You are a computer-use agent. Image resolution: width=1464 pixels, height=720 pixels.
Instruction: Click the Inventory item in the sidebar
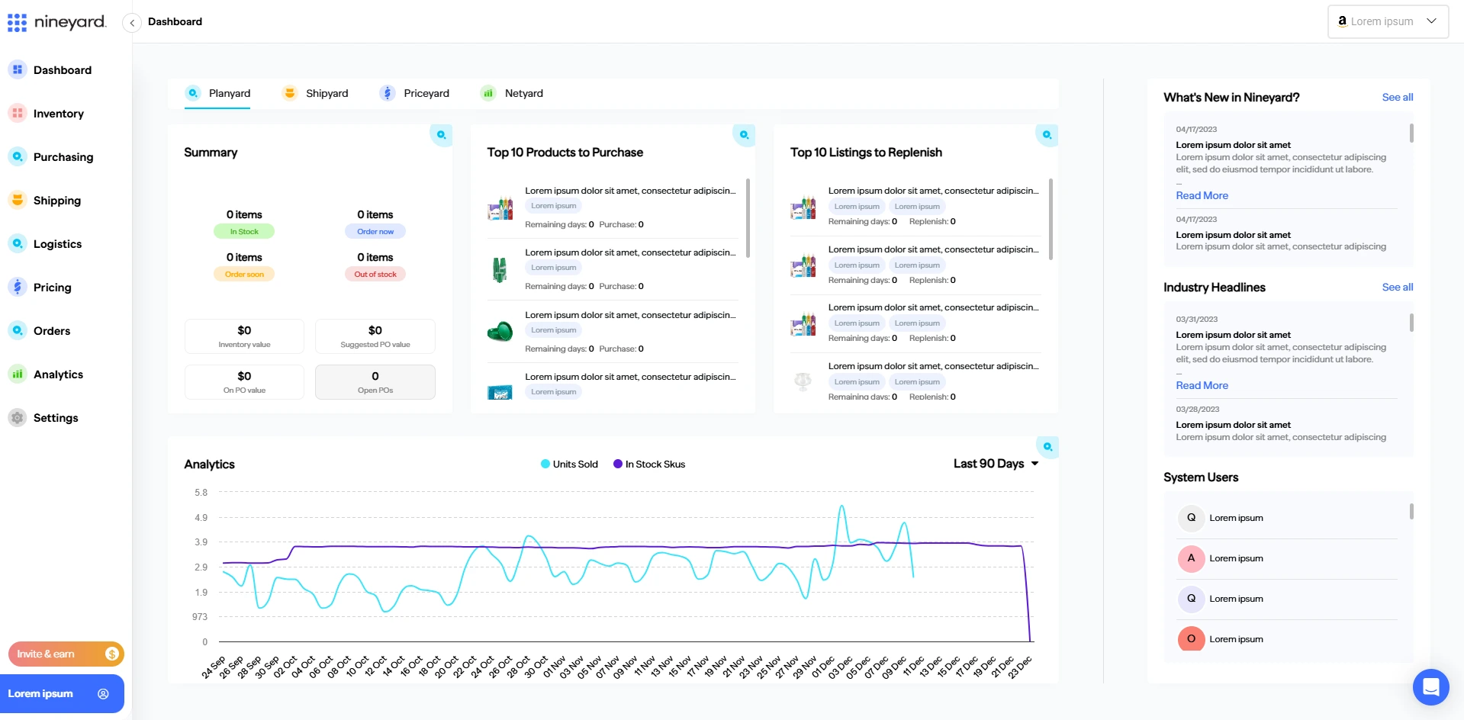pyautogui.click(x=57, y=114)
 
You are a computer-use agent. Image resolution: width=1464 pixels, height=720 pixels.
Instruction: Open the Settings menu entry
pyautogui.click(x=55, y=418)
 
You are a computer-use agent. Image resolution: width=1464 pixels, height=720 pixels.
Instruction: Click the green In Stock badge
pyautogui.click(x=244, y=232)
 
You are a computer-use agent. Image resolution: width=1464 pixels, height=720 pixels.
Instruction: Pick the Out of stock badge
pyautogui.click(x=375, y=275)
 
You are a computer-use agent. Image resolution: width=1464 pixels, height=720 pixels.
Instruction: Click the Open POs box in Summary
pyautogui.click(x=375, y=382)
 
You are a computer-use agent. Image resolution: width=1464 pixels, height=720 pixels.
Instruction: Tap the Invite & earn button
pyautogui.click(x=66, y=654)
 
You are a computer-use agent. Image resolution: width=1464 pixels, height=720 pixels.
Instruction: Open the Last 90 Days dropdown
pyautogui.click(x=996, y=464)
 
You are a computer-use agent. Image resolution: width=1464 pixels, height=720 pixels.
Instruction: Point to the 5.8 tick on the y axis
pyautogui.click(x=201, y=493)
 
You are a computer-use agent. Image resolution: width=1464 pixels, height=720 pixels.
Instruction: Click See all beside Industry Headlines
pyautogui.click(x=1397, y=288)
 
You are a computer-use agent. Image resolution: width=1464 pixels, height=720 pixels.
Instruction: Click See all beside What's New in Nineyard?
pyautogui.click(x=1397, y=98)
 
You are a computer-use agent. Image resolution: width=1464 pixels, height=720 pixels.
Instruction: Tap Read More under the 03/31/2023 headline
pyautogui.click(x=1202, y=386)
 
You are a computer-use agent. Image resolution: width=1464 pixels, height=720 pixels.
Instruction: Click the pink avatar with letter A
pyautogui.click(x=1191, y=558)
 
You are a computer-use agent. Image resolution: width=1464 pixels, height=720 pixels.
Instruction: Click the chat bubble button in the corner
pyautogui.click(x=1430, y=687)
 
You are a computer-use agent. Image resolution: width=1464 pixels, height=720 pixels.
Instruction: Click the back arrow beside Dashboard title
pyautogui.click(x=132, y=23)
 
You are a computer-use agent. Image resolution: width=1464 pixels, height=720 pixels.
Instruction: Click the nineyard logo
pyautogui.click(x=56, y=22)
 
